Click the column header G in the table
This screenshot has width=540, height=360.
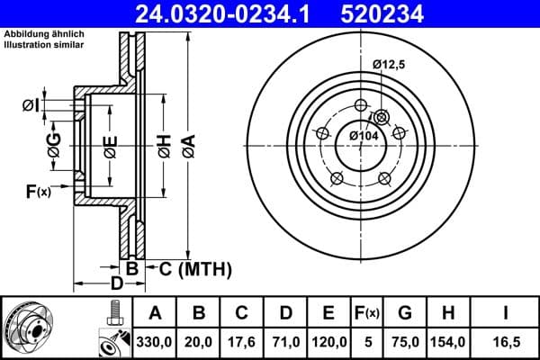click(404, 313)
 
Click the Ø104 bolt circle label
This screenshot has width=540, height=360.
click(364, 135)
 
